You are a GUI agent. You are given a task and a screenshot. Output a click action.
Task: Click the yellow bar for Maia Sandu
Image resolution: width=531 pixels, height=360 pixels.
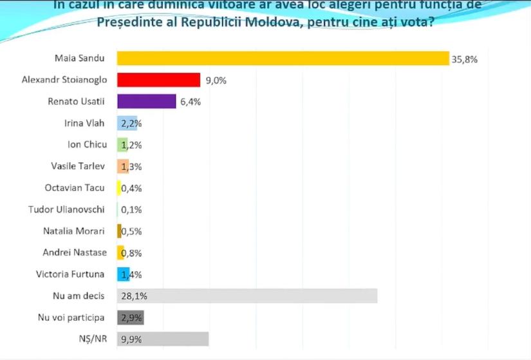[x=283, y=58]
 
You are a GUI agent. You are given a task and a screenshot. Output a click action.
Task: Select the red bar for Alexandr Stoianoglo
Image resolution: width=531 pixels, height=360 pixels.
[x=158, y=80]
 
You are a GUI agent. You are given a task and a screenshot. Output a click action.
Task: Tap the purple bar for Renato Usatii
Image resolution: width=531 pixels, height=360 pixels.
[x=146, y=102]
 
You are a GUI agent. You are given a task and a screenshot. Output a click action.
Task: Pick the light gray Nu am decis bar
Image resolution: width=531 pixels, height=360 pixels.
[x=247, y=296]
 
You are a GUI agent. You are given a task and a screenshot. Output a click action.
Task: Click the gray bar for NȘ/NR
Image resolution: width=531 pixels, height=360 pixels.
[x=163, y=339]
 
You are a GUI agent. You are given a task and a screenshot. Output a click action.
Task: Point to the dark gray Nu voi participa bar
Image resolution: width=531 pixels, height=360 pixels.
[x=130, y=317]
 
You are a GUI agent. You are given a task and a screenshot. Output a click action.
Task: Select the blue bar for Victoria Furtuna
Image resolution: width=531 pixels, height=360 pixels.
[x=124, y=274]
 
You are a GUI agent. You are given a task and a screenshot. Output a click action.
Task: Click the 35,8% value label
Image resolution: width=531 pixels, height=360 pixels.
[x=465, y=59]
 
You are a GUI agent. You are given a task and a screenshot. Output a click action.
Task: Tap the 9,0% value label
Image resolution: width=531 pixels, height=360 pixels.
[x=216, y=81]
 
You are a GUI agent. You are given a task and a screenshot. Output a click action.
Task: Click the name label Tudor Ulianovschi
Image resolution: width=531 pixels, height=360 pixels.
[x=67, y=209]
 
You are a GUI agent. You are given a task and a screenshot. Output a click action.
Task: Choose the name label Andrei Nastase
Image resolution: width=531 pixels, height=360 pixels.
[x=73, y=252]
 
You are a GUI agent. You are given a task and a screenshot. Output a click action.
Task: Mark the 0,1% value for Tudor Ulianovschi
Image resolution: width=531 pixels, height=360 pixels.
[x=131, y=209]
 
